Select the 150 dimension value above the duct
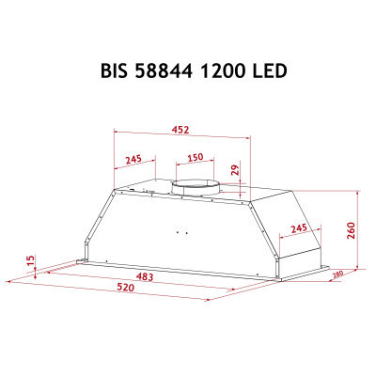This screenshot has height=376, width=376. pyautogui.click(x=195, y=158)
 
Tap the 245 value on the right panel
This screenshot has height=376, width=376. pyautogui.click(x=298, y=229)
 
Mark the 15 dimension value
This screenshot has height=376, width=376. pyautogui.click(x=30, y=259)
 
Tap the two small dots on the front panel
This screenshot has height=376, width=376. pyautogui.click(x=181, y=228)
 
